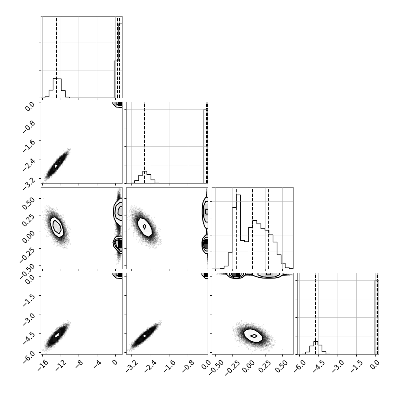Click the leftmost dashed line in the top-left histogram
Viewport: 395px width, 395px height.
(x=57, y=57)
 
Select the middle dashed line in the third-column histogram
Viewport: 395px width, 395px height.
(x=252, y=228)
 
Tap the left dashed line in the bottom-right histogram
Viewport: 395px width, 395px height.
(x=316, y=314)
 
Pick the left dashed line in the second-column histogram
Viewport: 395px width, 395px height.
(x=145, y=143)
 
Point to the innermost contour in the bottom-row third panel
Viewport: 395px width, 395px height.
(x=254, y=336)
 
